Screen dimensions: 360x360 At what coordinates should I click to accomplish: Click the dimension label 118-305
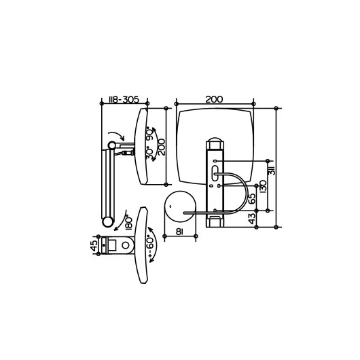[124, 100]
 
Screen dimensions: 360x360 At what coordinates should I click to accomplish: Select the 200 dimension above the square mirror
[214, 99]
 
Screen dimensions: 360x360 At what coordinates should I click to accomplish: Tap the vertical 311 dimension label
[272, 169]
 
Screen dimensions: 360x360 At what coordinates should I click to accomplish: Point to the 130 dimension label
[264, 186]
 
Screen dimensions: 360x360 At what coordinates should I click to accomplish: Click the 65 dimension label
[252, 198]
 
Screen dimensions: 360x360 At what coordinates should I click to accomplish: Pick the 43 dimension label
[252, 219]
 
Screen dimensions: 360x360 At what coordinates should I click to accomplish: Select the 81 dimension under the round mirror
[179, 232]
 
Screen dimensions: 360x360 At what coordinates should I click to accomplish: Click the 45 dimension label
[94, 246]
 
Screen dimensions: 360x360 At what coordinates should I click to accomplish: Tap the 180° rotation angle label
[129, 223]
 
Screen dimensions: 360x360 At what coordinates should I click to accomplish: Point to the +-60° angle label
[150, 246]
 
